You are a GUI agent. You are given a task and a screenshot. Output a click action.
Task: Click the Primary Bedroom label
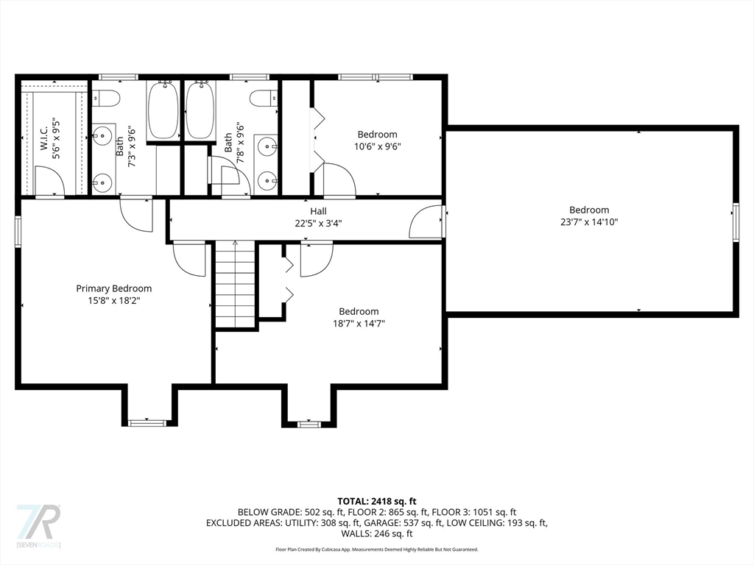click(x=114, y=288)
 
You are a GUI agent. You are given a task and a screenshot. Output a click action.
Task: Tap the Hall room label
click(x=318, y=211)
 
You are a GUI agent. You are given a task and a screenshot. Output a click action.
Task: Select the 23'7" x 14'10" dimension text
click(x=589, y=222)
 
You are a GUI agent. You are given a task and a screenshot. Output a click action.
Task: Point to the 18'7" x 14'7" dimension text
click(x=359, y=324)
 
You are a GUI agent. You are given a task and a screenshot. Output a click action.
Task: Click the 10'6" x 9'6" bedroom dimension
click(x=378, y=146)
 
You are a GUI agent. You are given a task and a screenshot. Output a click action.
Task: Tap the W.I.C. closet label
click(x=44, y=138)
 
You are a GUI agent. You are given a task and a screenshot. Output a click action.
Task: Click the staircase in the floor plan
click(x=235, y=285)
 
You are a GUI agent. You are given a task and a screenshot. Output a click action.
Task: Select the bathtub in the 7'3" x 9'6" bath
click(x=163, y=110)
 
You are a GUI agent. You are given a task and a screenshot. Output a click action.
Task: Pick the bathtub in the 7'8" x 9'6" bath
click(x=201, y=110)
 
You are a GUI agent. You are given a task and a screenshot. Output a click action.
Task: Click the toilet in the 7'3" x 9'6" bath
click(x=106, y=99)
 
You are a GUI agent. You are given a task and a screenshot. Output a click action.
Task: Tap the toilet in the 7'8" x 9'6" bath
click(x=264, y=99)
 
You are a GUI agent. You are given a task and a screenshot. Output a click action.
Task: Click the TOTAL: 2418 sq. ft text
click(x=376, y=502)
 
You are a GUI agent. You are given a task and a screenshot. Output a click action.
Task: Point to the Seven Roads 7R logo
click(x=38, y=525)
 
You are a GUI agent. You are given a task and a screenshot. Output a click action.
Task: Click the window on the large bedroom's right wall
click(x=736, y=221)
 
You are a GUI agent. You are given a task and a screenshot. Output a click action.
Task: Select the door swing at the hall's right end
click(x=426, y=221)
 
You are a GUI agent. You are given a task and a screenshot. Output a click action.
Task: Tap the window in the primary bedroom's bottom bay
click(x=147, y=423)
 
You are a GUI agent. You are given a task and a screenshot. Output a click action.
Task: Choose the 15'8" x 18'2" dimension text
click(x=114, y=301)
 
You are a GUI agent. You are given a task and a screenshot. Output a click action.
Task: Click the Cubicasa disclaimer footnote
click(x=376, y=549)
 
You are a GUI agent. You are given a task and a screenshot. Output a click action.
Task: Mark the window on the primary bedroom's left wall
click(x=18, y=232)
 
